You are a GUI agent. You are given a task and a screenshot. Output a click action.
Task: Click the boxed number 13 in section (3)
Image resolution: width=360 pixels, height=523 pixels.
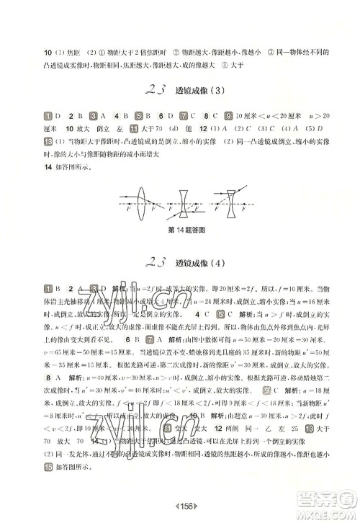47,153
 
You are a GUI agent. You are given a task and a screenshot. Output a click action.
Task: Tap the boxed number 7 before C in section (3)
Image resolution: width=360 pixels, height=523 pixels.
184,115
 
